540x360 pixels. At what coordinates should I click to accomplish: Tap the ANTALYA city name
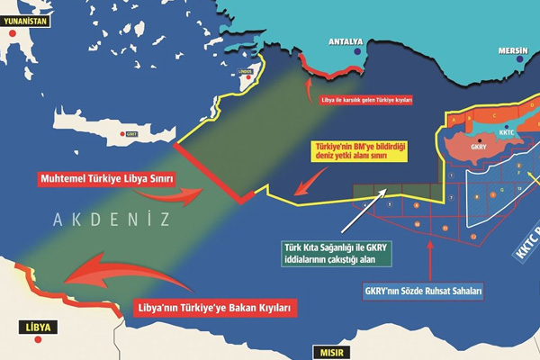pyautogui.click(x=346, y=41)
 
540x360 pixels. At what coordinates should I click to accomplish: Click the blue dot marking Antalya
pyautogui.click(x=359, y=52)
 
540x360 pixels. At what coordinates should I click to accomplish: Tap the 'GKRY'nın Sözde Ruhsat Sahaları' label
pyautogui.click(x=424, y=292)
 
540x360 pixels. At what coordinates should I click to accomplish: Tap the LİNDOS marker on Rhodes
pyautogui.click(x=242, y=76)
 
